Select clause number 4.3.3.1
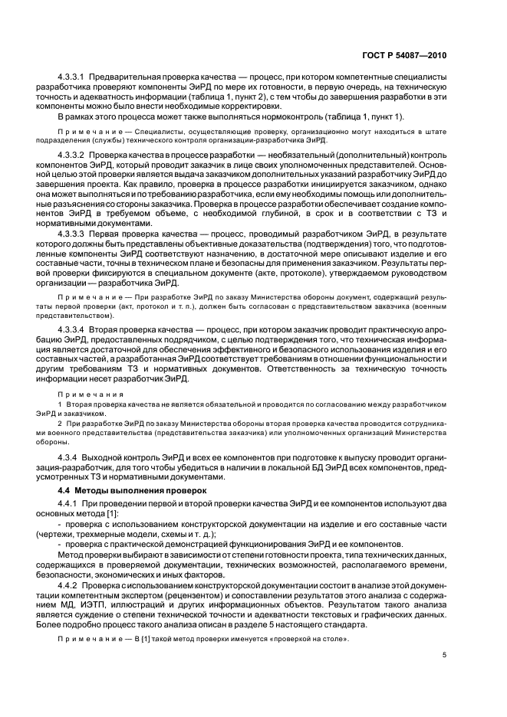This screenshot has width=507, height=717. pos(74,79)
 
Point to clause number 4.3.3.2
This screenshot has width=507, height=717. pos(74,156)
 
